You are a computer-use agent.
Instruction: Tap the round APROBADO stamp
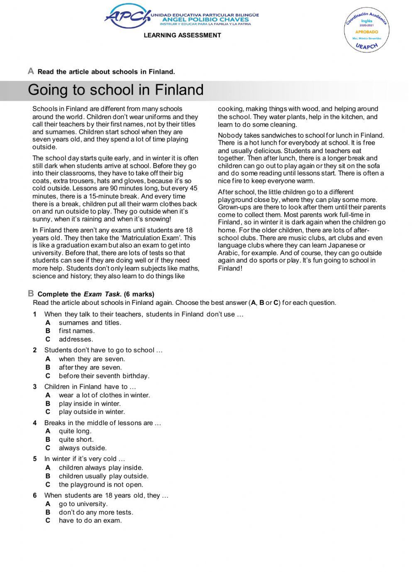367,32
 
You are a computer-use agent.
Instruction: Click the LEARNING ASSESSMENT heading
182,35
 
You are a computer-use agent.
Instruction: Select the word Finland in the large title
179,90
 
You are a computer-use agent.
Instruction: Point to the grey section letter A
31,71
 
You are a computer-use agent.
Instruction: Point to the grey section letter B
31,294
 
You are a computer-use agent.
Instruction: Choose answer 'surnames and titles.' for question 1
90,323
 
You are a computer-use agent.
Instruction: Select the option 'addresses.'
76,339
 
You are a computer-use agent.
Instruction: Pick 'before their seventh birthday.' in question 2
104,376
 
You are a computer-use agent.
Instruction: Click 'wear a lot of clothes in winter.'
104,395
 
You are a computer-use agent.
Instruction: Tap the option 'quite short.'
76,440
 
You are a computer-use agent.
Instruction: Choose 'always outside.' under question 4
83,448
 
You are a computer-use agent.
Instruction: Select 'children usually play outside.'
103,476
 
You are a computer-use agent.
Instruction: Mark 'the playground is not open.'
101,484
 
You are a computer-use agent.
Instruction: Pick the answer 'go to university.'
83,504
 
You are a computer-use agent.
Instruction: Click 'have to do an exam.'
90,521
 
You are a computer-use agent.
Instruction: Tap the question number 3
35,387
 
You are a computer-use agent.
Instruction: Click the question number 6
35,495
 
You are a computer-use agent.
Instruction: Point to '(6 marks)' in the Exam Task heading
139,294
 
